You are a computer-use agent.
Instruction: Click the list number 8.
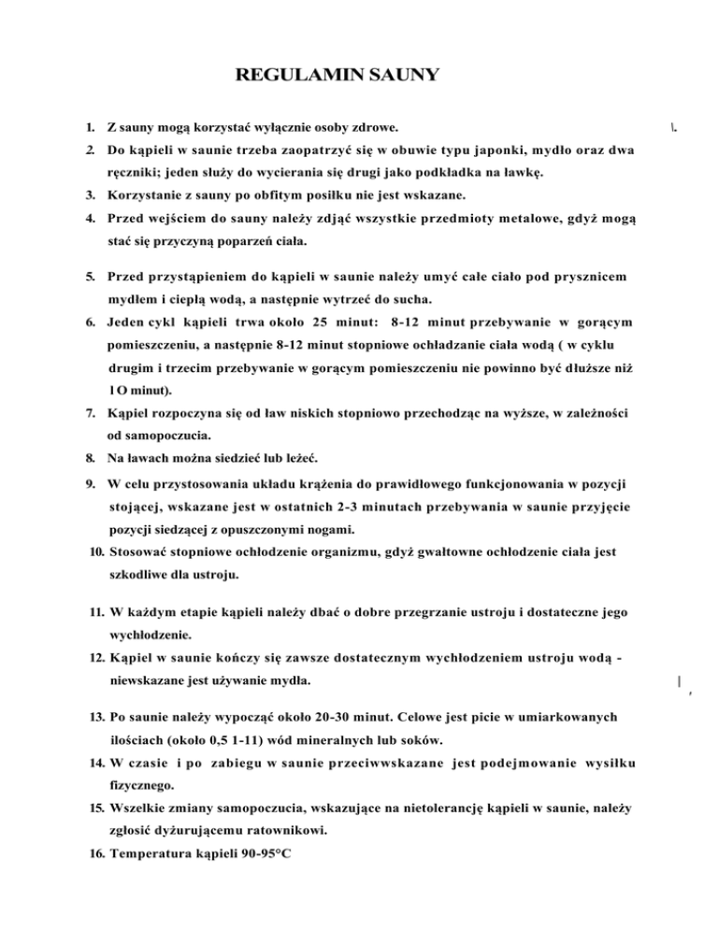[89, 459]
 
